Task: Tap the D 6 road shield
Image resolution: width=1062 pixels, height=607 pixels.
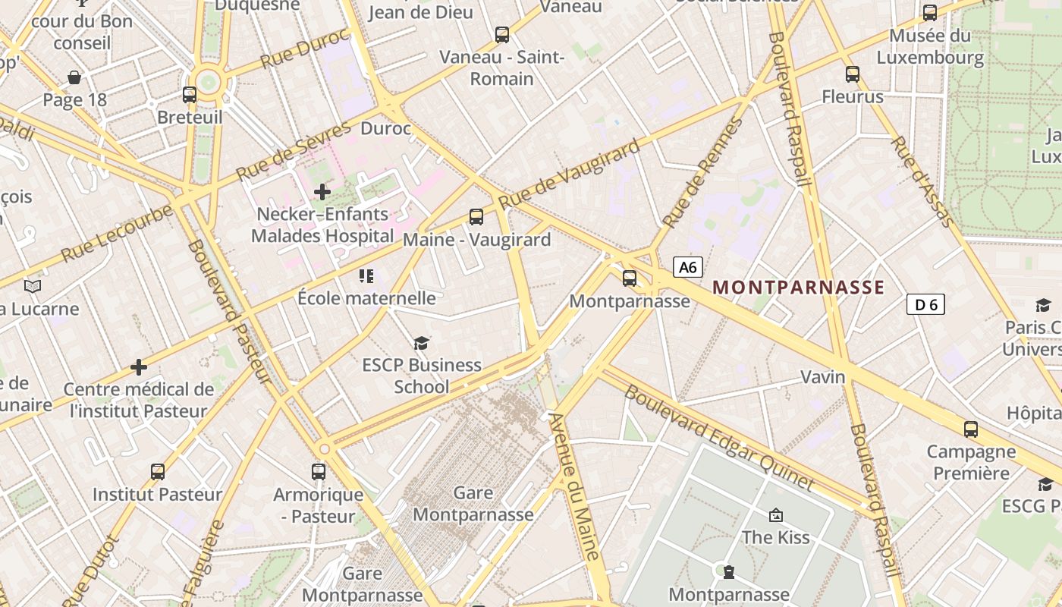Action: (x=925, y=305)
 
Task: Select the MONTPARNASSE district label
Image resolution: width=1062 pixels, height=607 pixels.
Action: (x=799, y=288)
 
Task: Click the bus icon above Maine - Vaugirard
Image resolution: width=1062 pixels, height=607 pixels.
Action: (x=476, y=217)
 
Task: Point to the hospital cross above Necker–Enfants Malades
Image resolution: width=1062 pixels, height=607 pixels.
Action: (x=322, y=192)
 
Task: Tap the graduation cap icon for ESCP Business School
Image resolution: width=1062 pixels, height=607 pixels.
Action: (x=421, y=344)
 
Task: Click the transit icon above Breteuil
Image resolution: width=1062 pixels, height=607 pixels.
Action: (x=190, y=95)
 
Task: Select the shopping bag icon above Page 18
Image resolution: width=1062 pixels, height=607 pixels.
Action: (x=74, y=77)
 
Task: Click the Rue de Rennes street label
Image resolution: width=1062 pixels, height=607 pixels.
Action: (x=703, y=172)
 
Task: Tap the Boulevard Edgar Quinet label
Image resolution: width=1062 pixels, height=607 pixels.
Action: (x=718, y=438)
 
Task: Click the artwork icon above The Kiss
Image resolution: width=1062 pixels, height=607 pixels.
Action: (x=776, y=515)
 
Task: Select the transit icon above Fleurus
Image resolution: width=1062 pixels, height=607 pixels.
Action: (x=853, y=74)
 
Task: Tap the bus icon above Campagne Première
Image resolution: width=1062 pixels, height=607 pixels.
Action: (x=971, y=429)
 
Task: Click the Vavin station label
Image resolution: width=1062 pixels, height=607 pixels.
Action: (x=823, y=377)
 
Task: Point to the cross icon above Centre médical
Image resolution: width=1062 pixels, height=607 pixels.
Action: (x=139, y=367)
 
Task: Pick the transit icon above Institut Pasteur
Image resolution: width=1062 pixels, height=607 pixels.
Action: (x=158, y=472)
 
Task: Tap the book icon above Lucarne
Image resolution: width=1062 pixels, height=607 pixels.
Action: (x=32, y=286)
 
